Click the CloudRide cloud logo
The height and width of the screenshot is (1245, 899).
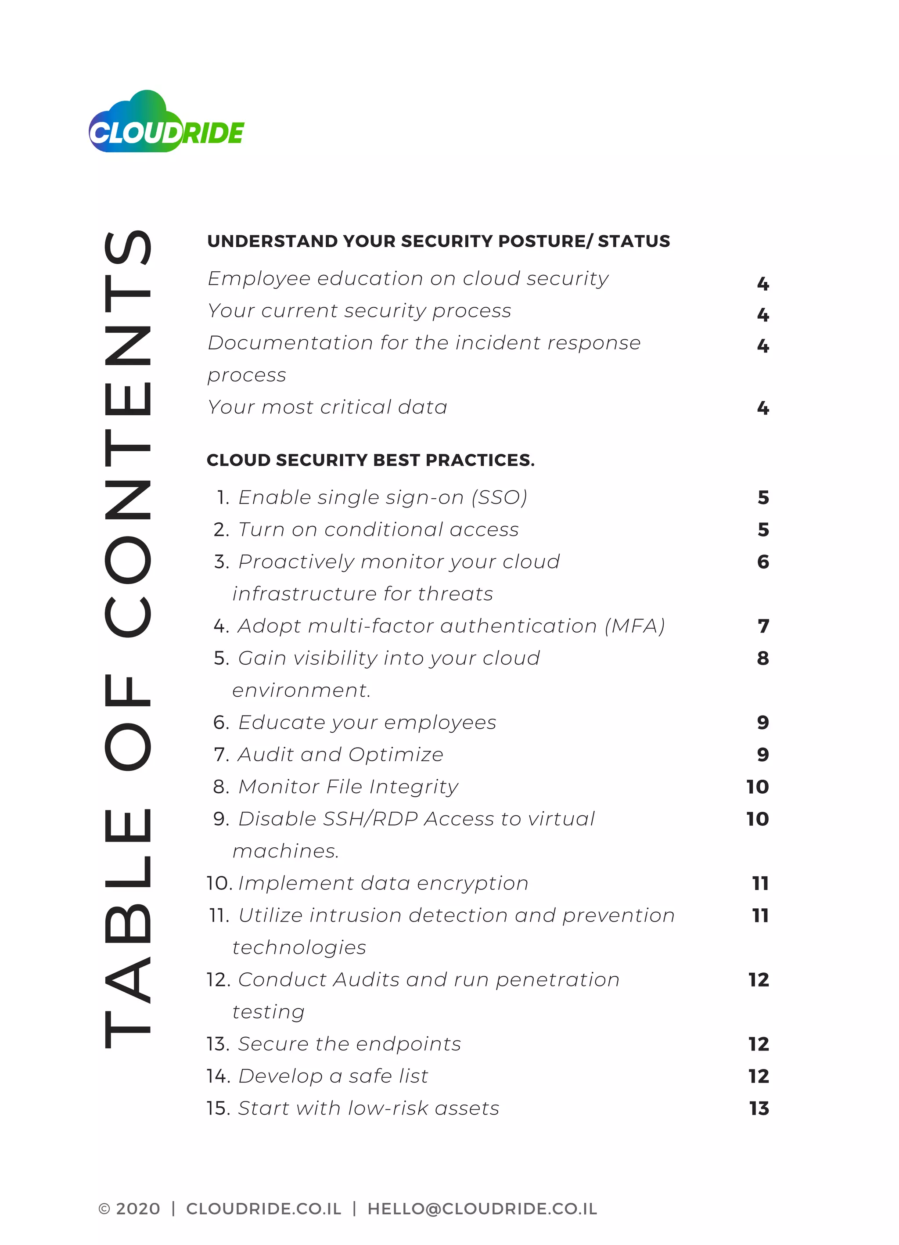[x=166, y=122]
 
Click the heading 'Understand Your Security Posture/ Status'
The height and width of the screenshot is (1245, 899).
[x=439, y=241]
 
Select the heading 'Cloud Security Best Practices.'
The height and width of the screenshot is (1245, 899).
[x=370, y=460]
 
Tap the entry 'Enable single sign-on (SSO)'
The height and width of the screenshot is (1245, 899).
[x=382, y=497]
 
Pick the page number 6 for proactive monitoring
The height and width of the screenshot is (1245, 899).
[x=763, y=561]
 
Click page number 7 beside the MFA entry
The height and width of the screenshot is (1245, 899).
[x=763, y=626]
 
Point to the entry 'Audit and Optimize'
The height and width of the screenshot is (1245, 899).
[x=340, y=755]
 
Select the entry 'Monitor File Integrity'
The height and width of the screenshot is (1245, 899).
[x=348, y=787]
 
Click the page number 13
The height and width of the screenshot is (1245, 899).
[x=759, y=1108]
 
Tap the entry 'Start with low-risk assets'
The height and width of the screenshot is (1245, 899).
[x=368, y=1108]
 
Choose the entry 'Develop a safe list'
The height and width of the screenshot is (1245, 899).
[x=333, y=1076]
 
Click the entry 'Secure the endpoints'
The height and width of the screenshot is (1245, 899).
[x=349, y=1044]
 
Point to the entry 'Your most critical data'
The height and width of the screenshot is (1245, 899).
[x=327, y=407]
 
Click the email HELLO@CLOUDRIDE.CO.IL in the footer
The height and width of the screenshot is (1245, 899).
[x=482, y=1209]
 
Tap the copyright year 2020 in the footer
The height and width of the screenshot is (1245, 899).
[x=138, y=1209]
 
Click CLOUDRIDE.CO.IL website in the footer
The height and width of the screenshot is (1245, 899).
[x=263, y=1209]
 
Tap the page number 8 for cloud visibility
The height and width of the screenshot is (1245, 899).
[x=763, y=658]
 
